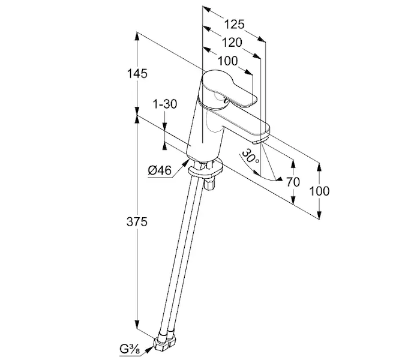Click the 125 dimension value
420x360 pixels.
click(x=235, y=25)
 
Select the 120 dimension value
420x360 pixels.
click(x=232, y=43)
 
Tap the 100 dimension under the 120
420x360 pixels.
click(x=227, y=61)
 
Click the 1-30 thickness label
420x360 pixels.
click(x=164, y=104)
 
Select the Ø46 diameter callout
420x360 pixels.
click(x=160, y=170)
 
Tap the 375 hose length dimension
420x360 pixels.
click(x=138, y=222)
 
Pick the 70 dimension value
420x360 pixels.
click(x=293, y=182)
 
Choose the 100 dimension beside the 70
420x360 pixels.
click(x=320, y=191)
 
